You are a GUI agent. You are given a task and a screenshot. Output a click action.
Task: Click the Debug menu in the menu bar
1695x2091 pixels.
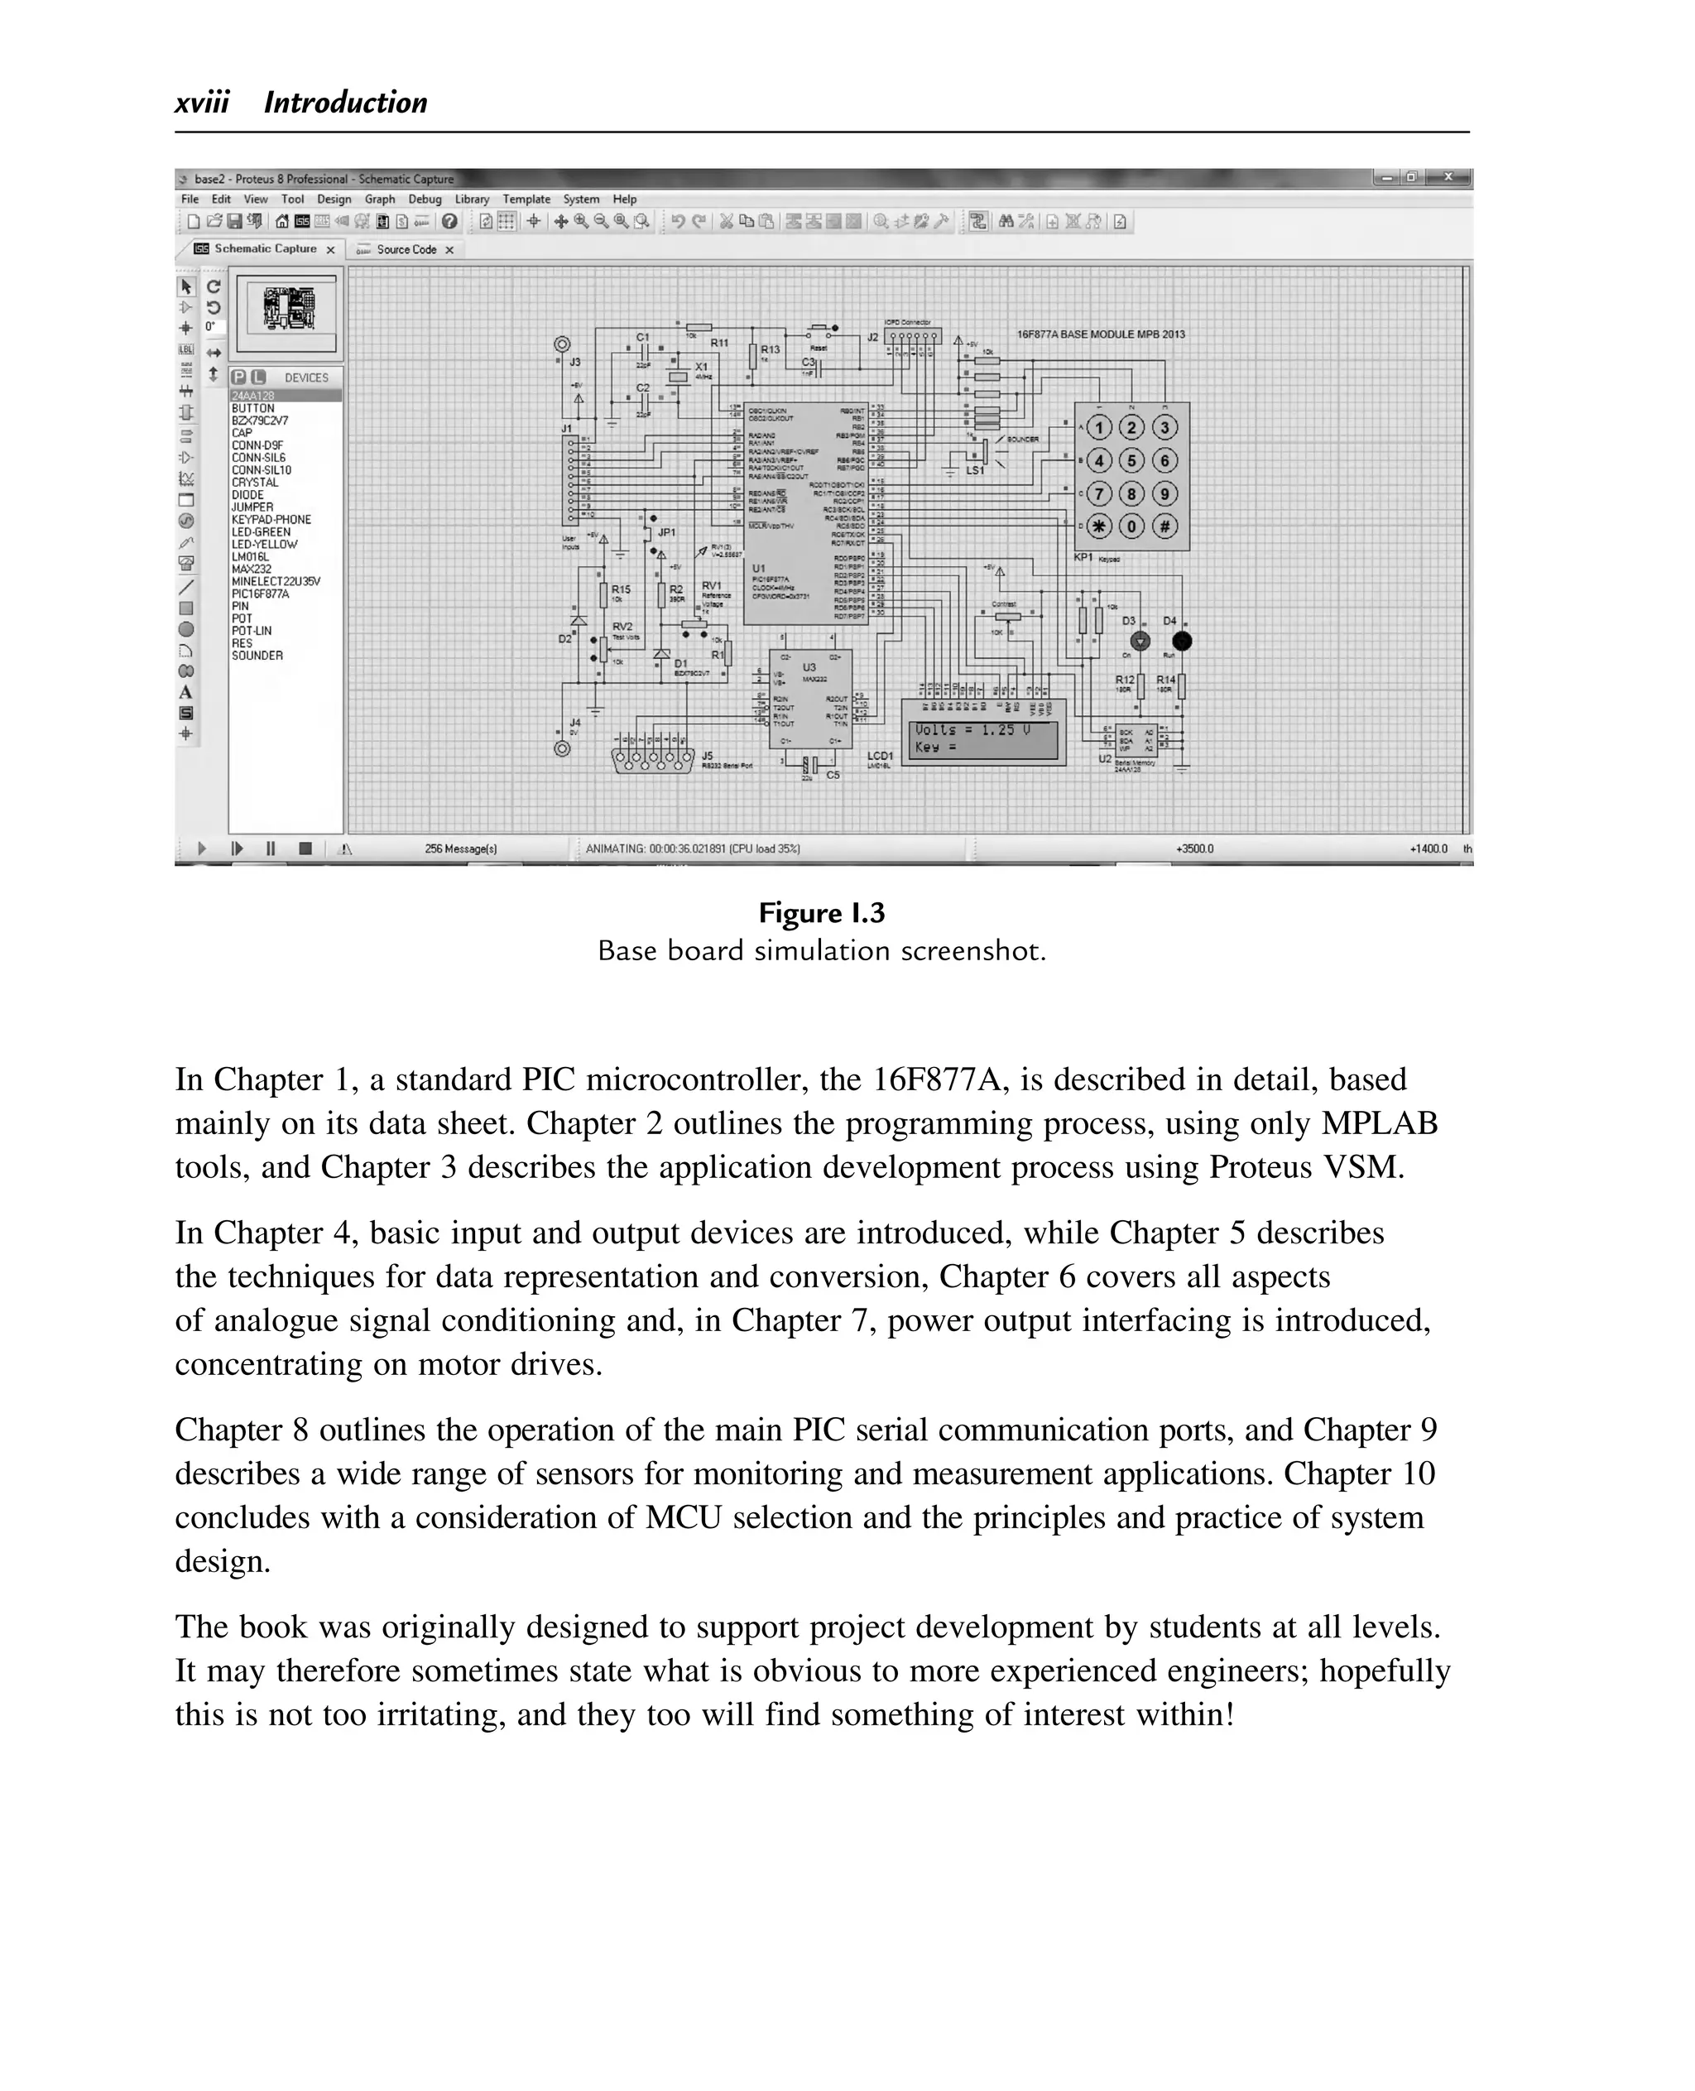point(425,199)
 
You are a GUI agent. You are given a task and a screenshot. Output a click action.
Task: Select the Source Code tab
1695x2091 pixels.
point(406,250)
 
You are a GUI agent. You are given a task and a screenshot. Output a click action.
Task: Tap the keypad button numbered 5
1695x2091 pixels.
point(1131,461)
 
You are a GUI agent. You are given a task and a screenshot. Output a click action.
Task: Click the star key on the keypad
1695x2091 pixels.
point(1099,526)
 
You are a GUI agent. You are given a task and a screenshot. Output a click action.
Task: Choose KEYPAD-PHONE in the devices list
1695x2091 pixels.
point(271,521)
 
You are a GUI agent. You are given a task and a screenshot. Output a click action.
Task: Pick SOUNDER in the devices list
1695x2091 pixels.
point(257,656)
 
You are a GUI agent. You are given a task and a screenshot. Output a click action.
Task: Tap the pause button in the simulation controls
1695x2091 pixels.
point(271,848)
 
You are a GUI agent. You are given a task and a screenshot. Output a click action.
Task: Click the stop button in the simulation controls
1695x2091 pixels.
point(305,848)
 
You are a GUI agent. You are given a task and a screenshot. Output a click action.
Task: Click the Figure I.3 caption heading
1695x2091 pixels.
point(821,913)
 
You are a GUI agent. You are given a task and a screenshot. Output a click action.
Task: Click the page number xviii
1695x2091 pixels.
point(202,103)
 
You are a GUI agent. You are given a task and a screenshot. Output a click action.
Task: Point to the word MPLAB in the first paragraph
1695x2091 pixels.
point(1379,1124)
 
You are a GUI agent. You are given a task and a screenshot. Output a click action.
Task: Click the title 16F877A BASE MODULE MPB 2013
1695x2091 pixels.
point(1101,334)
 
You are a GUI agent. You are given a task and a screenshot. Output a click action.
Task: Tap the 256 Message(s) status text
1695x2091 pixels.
point(461,849)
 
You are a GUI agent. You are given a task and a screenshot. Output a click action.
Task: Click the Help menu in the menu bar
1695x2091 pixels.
point(624,199)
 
